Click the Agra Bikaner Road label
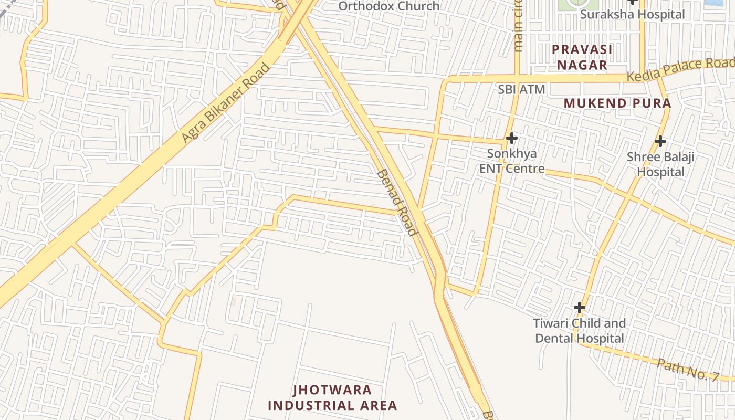point(226,103)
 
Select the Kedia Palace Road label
point(681,68)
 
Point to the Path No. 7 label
point(688,369)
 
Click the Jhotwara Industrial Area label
point(332,398)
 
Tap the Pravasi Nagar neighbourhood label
point(582,57)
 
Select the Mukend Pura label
point(617,103)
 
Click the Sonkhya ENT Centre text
point(511,162)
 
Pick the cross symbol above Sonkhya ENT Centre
point(511,138)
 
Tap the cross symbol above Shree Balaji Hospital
point(660,141)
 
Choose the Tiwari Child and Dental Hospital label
point(580,331)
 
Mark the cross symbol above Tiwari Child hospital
point(580,307)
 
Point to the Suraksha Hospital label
point(632,14)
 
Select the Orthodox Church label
point(389,6)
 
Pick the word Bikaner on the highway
point(226,102)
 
